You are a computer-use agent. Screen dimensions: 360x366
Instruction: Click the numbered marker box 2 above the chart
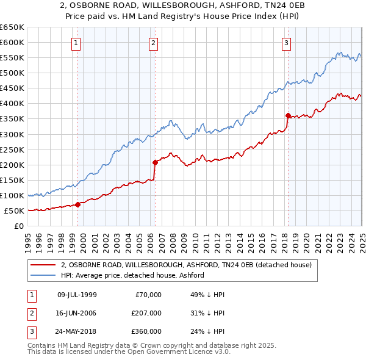click(152, 43)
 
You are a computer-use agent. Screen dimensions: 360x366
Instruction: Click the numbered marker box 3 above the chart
click(286, 43)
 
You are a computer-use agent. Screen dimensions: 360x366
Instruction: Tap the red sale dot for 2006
click(155, 162)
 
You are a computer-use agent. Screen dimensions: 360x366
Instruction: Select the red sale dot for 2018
click(288, 115)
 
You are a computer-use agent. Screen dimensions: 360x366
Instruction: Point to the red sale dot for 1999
click(78, 204)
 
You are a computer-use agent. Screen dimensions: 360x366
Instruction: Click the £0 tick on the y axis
click(19, 226)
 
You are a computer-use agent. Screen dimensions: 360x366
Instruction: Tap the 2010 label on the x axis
click(195, 238)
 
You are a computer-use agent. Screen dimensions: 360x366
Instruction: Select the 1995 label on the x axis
click(28, 238)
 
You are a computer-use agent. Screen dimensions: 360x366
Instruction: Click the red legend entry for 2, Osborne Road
click(186, 265)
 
